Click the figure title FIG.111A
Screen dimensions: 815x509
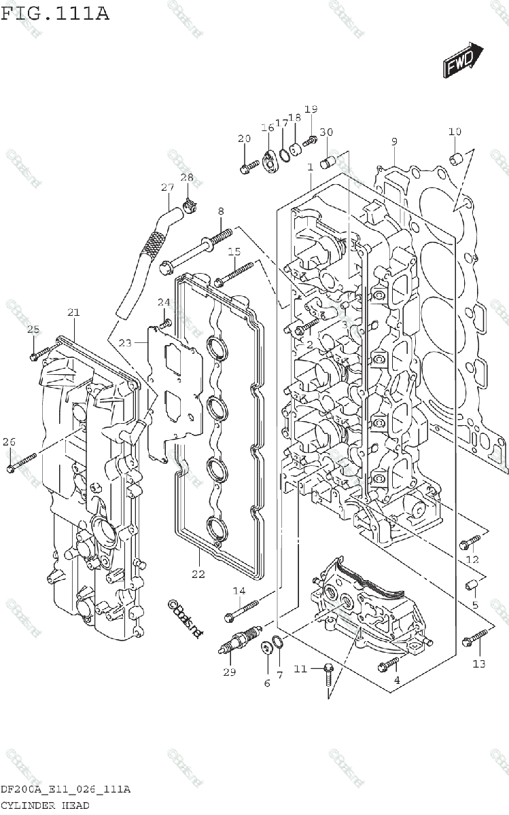(55, 13)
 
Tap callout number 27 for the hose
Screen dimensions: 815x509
(167, 187)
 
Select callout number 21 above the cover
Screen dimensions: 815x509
(73, 312)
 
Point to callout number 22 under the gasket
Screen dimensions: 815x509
(198, 574)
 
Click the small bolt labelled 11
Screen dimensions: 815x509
(328, 673)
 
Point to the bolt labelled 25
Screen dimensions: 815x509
(41, 351)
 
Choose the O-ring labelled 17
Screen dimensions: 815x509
(285, 155)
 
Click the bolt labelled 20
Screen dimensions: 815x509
(249, 164)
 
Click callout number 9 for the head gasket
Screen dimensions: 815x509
(393, 141)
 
